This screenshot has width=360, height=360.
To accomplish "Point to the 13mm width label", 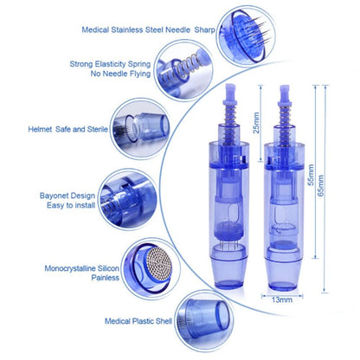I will tap(281, 299).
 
